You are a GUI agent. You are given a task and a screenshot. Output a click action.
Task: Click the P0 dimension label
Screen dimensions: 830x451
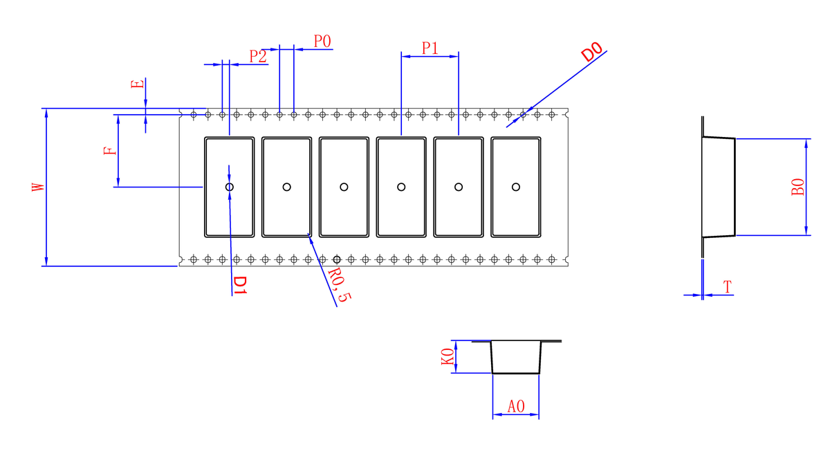(322, 41)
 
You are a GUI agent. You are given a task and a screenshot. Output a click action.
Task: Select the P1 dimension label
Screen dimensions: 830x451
(430, 48)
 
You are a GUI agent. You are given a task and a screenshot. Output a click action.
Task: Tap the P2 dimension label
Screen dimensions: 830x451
(257, 56)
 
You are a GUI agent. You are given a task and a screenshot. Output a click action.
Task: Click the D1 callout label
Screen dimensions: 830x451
(240, 286)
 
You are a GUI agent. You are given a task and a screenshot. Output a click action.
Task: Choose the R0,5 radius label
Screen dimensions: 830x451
(340, 285)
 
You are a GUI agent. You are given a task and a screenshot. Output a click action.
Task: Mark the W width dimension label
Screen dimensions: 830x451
(38, 187)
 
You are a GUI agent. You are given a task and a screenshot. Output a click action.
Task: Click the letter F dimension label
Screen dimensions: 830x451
(110, 151)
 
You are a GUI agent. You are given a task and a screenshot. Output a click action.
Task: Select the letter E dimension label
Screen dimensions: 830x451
(138, 84)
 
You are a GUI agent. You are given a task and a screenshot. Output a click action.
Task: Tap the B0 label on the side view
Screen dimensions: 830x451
(797, 187)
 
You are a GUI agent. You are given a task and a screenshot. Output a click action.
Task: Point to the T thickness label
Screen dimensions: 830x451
(728, 287)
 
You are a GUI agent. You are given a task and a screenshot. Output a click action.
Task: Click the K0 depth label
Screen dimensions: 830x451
(448, 356)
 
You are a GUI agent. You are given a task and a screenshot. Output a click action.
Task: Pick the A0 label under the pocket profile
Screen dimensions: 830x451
(516, 407)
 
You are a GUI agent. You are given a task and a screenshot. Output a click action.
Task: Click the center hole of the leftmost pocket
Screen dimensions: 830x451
(230, 187)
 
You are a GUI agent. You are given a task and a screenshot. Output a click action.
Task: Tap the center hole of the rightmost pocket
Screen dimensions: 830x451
(516, 187)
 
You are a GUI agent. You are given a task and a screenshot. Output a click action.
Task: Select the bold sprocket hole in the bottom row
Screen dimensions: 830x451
(337, 259)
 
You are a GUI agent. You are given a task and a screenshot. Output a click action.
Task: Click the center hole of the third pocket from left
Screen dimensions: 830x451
(344, 187)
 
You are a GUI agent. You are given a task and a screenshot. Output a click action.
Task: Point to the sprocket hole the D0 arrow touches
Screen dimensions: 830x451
(523, 115)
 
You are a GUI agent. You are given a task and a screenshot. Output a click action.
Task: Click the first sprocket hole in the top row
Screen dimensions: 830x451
(194, 115)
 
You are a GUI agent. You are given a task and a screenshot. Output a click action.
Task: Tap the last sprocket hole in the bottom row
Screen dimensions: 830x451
(552, 259)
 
